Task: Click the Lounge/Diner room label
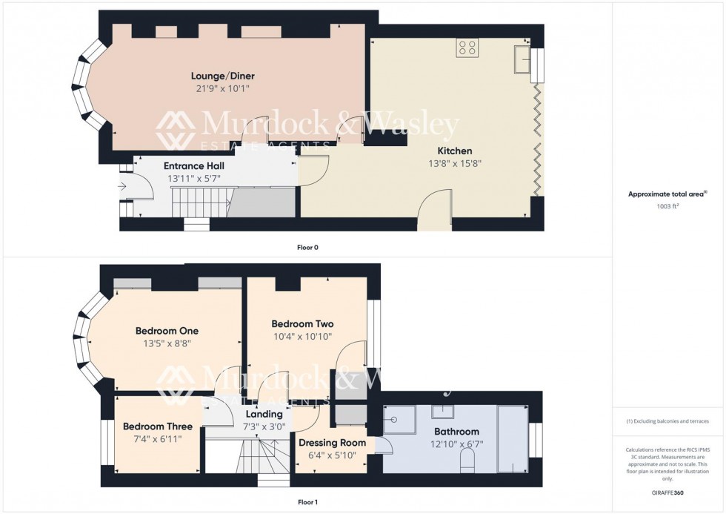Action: click(223, 76)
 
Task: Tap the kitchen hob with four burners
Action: click(467, 47)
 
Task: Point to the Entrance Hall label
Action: click(193, 166)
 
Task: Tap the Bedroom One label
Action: click(167, 331)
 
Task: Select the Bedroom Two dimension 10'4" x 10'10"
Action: click(302, 336)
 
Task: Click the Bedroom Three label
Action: click(158, 426)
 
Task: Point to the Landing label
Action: click(264, 414)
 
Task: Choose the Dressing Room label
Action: click(331, 443)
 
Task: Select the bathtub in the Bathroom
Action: click(511, 438)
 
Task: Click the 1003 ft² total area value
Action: click(668, 206)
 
